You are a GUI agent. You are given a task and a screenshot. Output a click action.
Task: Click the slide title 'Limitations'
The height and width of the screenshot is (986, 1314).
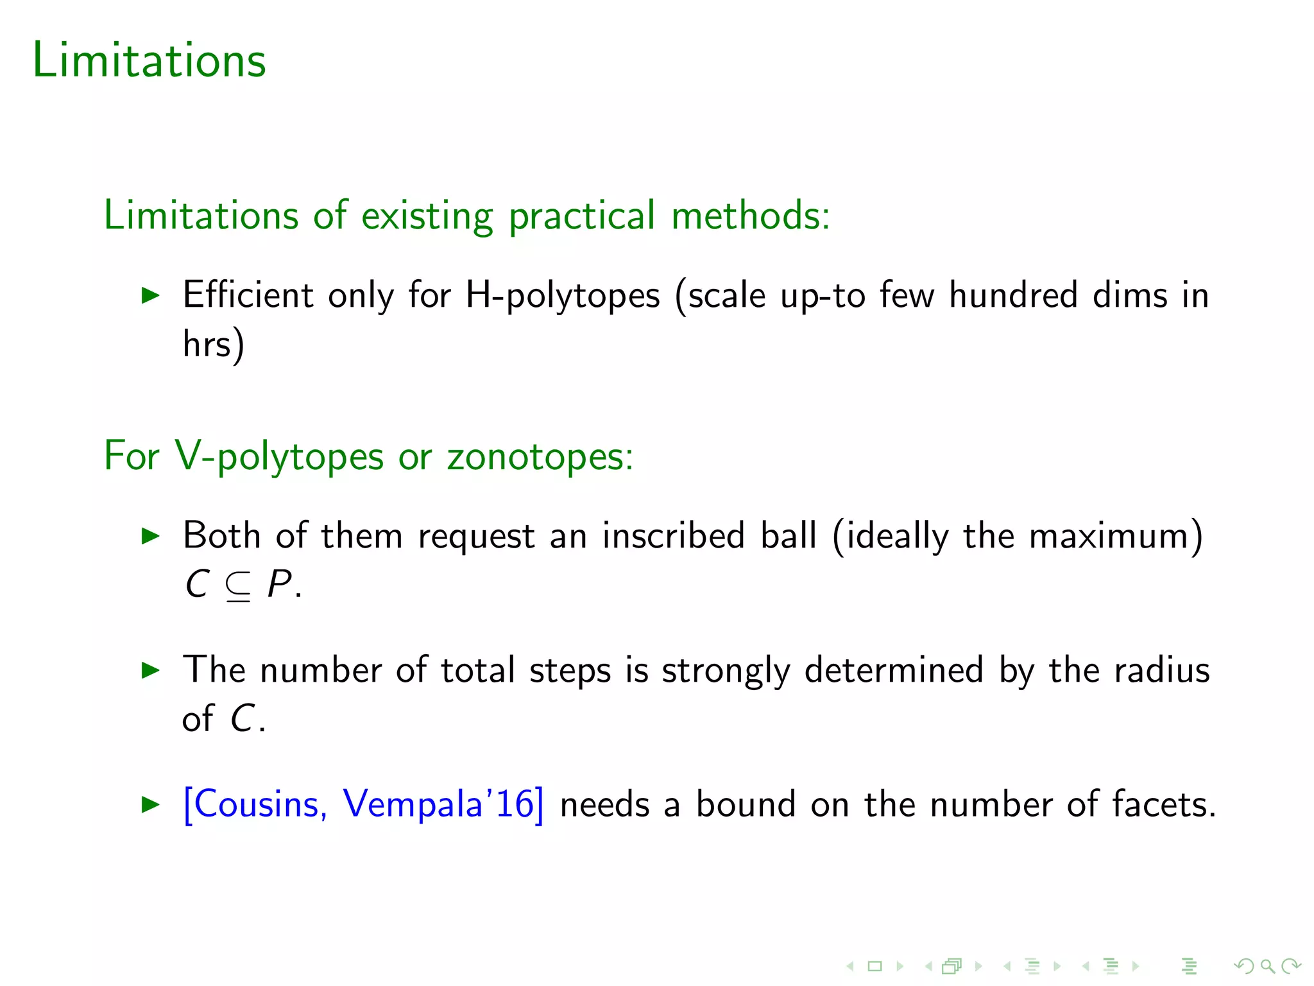[x=149, y=60]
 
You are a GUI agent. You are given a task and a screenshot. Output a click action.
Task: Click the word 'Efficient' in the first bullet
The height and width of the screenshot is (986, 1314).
[x=248, y=295]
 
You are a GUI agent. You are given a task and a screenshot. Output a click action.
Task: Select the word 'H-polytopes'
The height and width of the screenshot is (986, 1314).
[x=562, y=297]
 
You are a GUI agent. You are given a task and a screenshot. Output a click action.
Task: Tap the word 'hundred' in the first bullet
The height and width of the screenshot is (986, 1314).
[x=1013, y=295]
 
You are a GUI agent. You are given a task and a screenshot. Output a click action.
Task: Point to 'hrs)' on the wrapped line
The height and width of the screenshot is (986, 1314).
[x=213, y=345]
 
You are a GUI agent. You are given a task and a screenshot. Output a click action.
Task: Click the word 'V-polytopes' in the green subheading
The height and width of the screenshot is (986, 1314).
[x=279, y=457]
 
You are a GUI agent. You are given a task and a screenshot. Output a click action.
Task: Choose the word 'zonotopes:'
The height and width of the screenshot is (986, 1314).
[x=540, y=457]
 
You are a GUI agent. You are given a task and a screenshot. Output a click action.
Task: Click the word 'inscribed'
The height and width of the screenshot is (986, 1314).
[x=673, y=535]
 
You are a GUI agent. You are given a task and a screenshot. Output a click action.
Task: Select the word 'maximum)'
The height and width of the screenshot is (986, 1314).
[x=1116, y=535]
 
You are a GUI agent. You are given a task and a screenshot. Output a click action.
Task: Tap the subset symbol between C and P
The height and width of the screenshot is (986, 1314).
[x=238, y=586]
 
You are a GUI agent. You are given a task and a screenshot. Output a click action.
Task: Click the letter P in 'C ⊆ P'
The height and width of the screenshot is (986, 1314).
[x=279, y=584]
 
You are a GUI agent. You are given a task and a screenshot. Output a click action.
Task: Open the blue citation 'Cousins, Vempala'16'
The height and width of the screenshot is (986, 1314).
[x=363, y=804]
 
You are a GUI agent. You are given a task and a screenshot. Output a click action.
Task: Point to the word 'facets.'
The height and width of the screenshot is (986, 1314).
[x=1164, y=804]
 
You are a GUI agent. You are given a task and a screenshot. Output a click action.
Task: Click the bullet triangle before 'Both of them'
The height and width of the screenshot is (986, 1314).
[x=150, y=536]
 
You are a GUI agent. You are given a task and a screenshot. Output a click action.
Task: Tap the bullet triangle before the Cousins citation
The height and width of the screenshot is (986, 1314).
[x=150, y=804]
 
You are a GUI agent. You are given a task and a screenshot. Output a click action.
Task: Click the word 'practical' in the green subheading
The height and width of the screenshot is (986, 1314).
[x=583, y=216]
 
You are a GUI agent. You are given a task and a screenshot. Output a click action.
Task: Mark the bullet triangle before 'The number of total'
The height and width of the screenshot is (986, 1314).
[x=150, y=671]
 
